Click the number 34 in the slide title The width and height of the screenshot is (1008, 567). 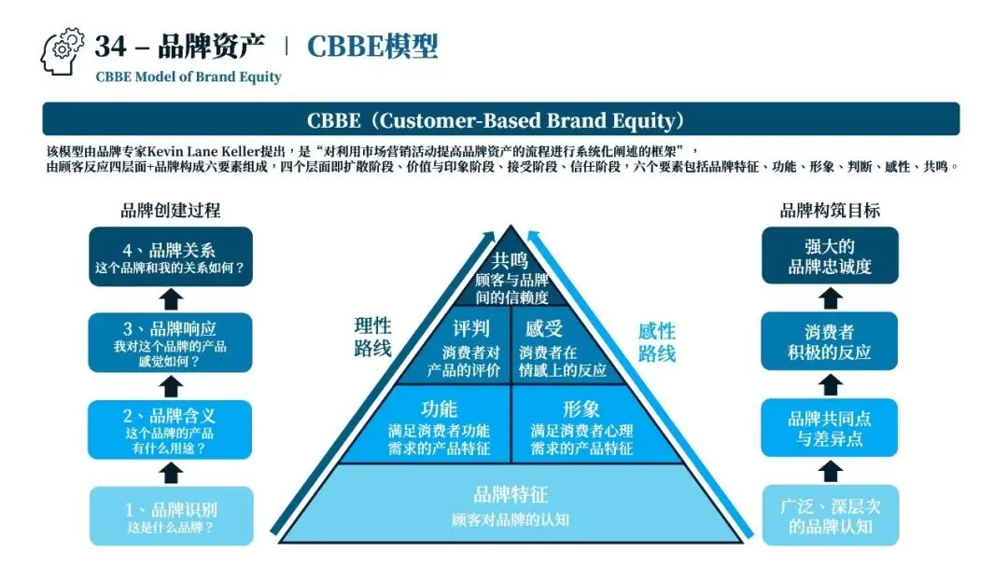click(x=110, y=46)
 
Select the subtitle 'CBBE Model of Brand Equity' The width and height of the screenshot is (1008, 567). click(x=188, y=77)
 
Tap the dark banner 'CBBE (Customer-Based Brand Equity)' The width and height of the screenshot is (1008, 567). click(x=501, y=119)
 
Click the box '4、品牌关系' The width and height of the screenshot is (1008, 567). click(x=170, y=256)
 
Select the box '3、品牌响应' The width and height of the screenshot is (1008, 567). click(x=170, y=342)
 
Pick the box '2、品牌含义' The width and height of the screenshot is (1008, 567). click(x=170, y=429)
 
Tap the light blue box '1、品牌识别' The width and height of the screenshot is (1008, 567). click(x=170, y=516)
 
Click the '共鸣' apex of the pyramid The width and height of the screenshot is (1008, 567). click(x=510, y=276)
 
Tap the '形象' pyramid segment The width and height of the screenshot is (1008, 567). click(x=581, y=427)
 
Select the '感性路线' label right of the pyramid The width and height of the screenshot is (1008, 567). click(x=656, y=342)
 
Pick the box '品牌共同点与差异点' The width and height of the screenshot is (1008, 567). click(x=830, y=429)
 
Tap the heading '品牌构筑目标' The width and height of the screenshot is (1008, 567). click(x=830, y=211)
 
